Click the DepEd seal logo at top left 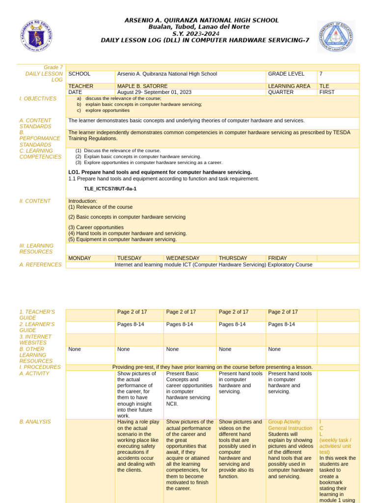37,36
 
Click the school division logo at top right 336,36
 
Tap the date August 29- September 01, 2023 154,92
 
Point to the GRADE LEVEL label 286,74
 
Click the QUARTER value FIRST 327,92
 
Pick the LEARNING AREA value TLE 324,86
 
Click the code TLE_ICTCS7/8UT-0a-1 110,189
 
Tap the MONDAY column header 80,258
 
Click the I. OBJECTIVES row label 38,99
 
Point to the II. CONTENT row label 35,201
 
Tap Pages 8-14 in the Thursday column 233,324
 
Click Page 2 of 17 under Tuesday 132,312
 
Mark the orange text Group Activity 284,421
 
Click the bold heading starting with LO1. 160,172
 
